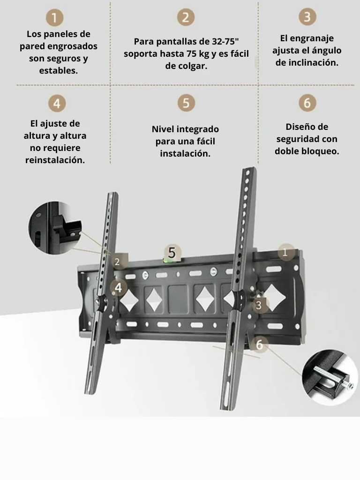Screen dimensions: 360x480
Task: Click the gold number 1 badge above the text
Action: click(x=54, y=17)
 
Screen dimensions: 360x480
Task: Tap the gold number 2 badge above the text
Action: click(x=186, y=17)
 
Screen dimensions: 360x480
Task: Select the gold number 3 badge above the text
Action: click(x=307, y=17)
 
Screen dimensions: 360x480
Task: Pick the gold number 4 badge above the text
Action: click(x=57, y=103)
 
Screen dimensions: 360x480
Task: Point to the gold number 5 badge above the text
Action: click(x=186, y=103)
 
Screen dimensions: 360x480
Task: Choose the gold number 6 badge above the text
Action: click(x=307, y=103)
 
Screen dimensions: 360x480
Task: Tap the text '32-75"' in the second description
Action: click(x=225, y=41)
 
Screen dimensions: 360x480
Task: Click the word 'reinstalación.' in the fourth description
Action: click(x=55, y=160)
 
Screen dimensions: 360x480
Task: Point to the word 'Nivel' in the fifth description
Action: click(x=163, y=129)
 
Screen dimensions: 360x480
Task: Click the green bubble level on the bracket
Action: click(x=168, y=261)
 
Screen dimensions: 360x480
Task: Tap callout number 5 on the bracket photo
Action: click(x=172, y=253)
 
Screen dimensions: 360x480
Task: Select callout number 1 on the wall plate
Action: click(x=286, y=252)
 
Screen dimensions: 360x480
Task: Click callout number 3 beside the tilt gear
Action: click(x=259, y=305)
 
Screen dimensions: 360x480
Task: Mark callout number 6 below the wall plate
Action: click(x=259, y=345)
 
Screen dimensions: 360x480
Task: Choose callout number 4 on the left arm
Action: click(x=118, y=288)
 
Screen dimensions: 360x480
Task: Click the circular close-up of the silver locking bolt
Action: click(x=330, y=377)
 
